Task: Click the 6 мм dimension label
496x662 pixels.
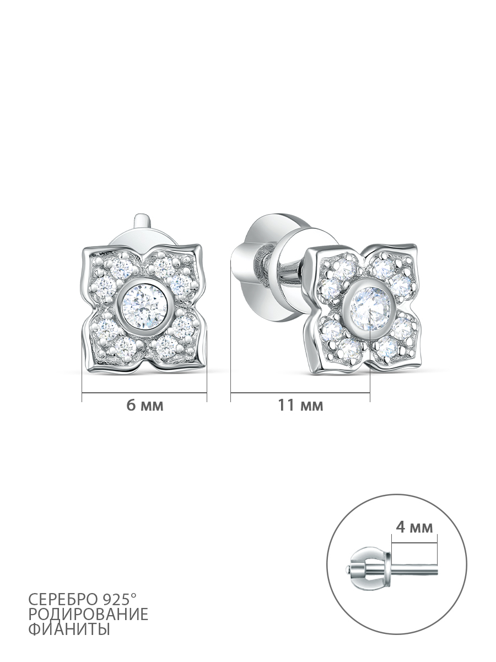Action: click(145, 405)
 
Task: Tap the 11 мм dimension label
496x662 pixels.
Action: click(300, 405)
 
